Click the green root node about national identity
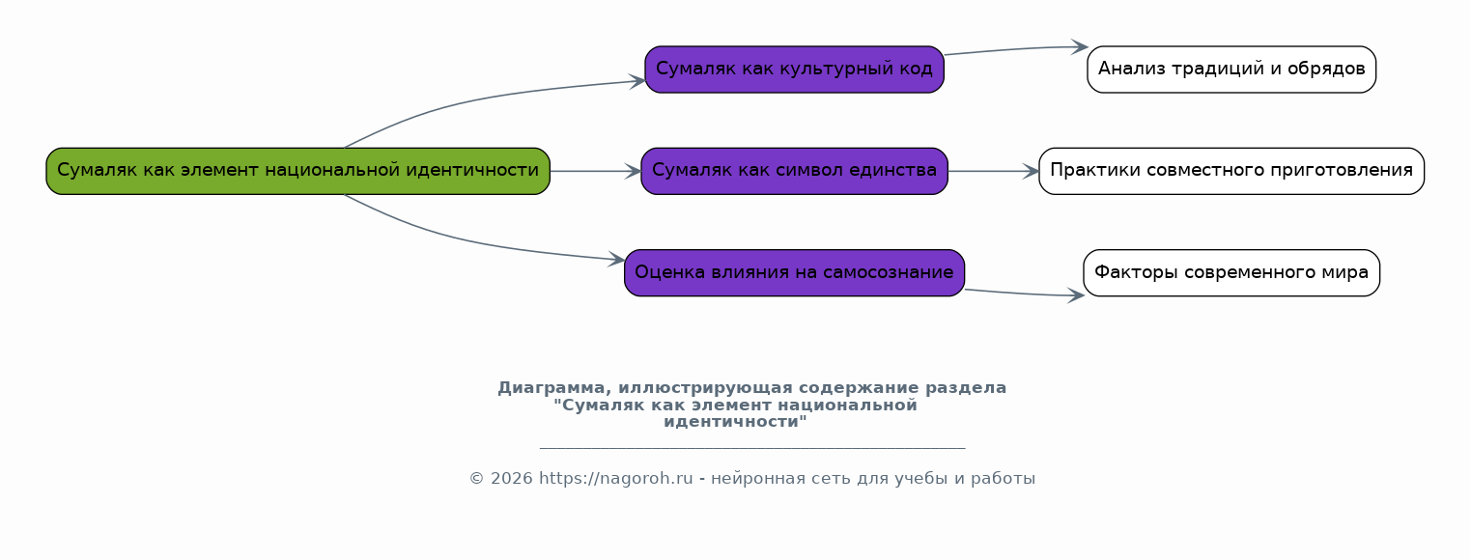(x=297, y=171)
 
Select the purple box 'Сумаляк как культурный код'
(x=794, y=69)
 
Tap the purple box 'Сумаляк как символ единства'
(x=794, y=171)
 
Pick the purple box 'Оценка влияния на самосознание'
(x=794, y=272)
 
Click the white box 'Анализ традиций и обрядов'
(x=1231, y=69)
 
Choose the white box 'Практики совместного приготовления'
(x=1231, y=171)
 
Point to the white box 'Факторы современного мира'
(x=1231, y=272)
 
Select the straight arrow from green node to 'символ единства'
(x=596, y=171)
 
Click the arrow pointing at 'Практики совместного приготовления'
(x=994, y=171)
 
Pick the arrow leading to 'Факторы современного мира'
(x=1025, y=294)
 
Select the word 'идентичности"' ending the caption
(x=735, y=422)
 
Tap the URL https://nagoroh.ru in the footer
(x=616, y=478)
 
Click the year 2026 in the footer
(x=512, y=478)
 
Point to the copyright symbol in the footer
(x=477, y=479)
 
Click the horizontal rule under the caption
(x=752, y=448)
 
